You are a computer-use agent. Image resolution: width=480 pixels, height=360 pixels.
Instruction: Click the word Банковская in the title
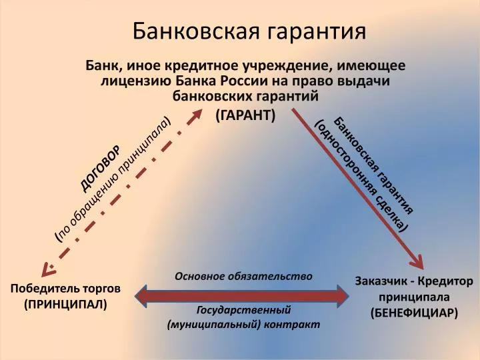[x=196, y=31]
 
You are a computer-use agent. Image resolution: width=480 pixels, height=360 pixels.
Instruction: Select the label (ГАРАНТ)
[x=245, y=115]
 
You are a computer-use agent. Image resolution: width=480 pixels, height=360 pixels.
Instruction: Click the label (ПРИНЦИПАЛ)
[x=65, y=305]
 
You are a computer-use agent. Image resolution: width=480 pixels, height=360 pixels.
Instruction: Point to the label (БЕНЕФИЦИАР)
[x=415, y=313]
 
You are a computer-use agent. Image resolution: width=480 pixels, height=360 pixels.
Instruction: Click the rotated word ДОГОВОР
[x=101, y=168]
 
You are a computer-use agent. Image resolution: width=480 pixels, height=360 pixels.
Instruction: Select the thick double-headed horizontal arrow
[x=241, y=296]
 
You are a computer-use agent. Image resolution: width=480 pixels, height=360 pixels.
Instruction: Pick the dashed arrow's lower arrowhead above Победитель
[x=48, y=269]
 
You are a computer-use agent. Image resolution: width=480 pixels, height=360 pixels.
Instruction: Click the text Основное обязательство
[x=244, y=277]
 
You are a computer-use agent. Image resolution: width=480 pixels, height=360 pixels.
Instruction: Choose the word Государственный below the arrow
[x=244, y=311]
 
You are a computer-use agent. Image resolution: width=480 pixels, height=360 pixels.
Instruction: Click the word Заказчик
[x=381, y=281]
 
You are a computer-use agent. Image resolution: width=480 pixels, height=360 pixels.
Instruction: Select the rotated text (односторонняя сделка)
[x=361, y=175]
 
